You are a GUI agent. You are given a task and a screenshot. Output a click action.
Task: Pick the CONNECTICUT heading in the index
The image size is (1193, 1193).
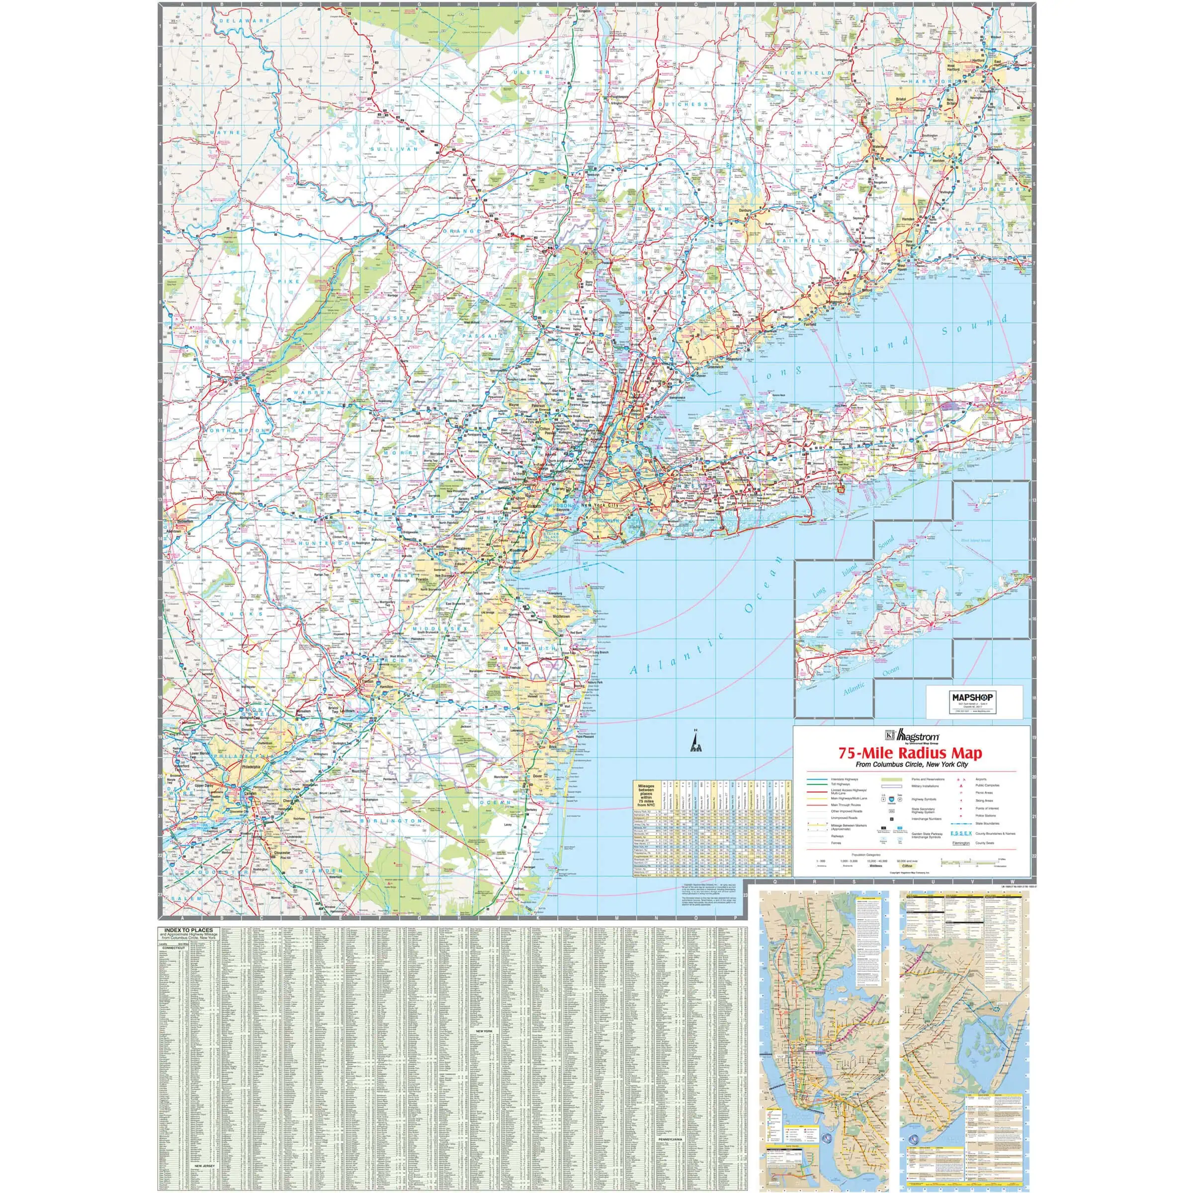[x=173, y=948]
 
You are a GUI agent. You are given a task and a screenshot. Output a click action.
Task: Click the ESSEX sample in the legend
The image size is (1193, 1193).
[x=961, y=833]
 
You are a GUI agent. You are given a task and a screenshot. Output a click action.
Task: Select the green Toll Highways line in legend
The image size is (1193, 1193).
[x=817, y=784]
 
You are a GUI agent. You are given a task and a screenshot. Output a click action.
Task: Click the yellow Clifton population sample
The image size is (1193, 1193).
[x=907, y=866]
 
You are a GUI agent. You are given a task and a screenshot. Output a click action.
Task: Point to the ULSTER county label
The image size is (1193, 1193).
[x=531, y=72]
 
